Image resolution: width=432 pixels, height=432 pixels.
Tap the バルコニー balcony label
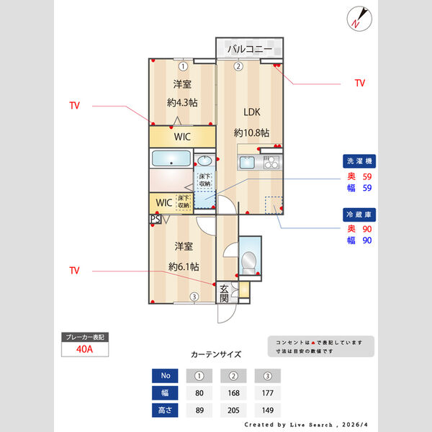[x=250, y=49]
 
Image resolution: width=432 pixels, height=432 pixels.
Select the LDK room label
[x=251, y=112]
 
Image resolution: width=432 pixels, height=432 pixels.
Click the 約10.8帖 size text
[x=251, y=132]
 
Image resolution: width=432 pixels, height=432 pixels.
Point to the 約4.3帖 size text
[x=183, y=102]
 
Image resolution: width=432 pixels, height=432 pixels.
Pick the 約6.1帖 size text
[x=184, y=266]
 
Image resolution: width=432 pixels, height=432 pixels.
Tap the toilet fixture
[x=249, y=261]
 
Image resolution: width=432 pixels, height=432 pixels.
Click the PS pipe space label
[x=155, y=220]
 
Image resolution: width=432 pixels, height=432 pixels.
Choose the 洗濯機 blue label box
[x=359, y=161]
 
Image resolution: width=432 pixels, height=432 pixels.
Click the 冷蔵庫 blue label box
[x=359, y=214]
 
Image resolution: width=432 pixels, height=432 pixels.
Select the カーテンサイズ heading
[x=216, y=354]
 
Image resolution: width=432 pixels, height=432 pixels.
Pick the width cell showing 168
[x=233, y=394]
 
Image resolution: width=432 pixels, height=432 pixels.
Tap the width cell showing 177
[x=267, y=394]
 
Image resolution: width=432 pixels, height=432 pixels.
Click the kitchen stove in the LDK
[x=271, y=163]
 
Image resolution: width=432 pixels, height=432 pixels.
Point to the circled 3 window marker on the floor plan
[x=194, y=297]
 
